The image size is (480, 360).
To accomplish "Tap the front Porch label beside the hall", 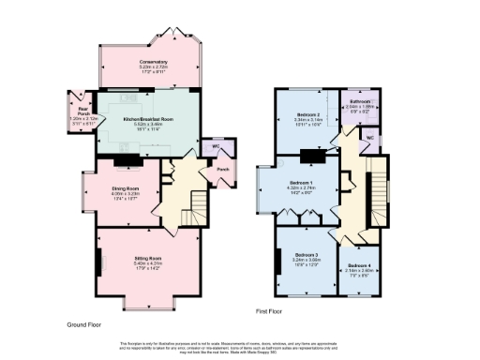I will click(223, 169).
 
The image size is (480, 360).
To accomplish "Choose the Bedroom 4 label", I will click(360, 265).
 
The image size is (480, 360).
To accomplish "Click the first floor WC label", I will click(369, 138).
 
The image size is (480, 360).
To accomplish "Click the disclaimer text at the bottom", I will click(240, 347).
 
